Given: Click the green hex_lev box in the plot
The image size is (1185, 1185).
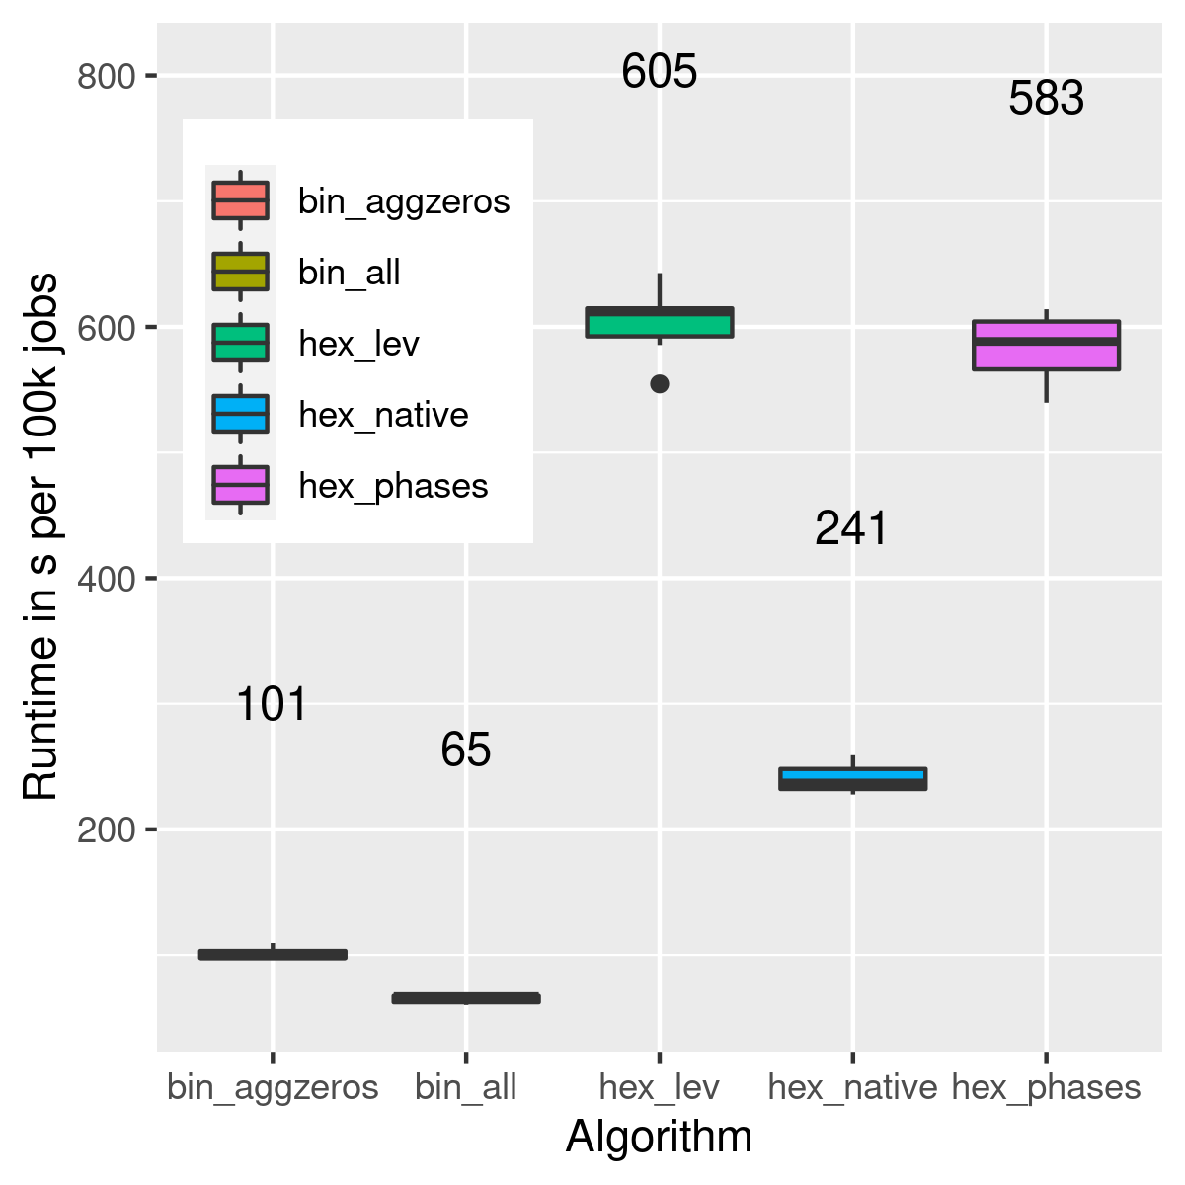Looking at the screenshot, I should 660,323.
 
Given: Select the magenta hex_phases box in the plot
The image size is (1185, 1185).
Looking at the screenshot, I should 1046,346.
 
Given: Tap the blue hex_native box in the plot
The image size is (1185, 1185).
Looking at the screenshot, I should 853,779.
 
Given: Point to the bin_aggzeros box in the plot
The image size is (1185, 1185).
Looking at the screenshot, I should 273,954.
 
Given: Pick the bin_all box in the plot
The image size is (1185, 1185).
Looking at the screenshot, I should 466,998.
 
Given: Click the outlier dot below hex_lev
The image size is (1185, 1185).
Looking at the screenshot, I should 660,384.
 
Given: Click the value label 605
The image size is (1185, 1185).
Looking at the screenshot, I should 660,72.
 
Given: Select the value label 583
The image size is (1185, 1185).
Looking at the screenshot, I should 1046,99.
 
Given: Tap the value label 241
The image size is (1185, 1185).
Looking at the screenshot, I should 851,529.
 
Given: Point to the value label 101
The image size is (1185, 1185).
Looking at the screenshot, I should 273,705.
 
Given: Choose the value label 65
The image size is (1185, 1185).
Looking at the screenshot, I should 466,750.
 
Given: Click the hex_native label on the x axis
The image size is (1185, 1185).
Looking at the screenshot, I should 852,1087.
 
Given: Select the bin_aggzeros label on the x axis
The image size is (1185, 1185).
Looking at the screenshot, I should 273,1087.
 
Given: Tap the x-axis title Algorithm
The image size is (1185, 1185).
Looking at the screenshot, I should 659,1137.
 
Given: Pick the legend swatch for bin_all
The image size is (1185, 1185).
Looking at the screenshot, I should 241,272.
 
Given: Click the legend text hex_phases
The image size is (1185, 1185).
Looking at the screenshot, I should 393,486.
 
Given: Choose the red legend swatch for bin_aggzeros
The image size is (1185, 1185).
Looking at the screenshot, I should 241,200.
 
